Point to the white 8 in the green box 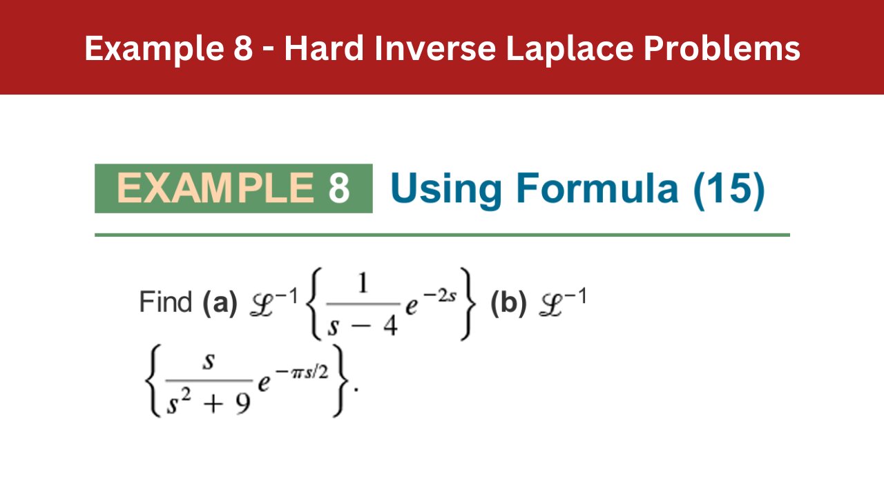[338, 188]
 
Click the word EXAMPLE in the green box [215, 188]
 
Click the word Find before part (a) [166, 302]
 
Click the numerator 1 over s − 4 [363, 283]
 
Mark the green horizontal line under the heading [442, 235]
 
